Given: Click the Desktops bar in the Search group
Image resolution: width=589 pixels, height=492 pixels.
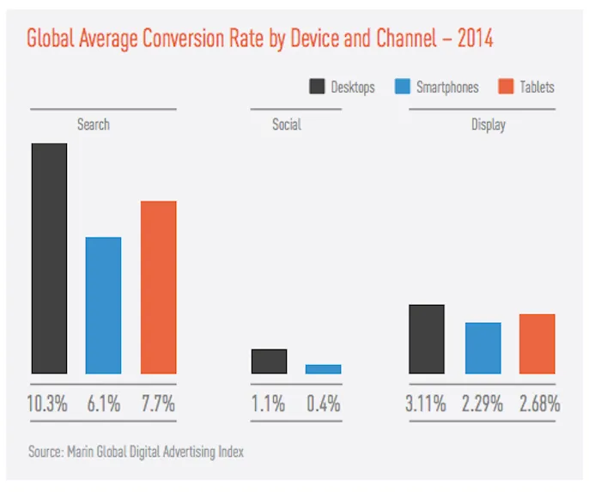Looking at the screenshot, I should click(x=49, y=258).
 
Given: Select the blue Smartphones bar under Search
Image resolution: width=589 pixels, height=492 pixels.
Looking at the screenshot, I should click(x=104, y=305).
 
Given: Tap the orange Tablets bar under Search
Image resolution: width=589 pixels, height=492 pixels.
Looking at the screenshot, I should click(x=158, y=287).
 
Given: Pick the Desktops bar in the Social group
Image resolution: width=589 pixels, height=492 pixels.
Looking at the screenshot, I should click(x=269, y=361).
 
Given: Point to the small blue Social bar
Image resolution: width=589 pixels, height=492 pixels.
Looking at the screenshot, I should click(x=323, y=369).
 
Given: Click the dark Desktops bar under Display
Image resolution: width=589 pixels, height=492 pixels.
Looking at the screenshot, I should click(x=427, y=339).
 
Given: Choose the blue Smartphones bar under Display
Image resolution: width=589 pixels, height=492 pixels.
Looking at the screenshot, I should click(x=483, y=348).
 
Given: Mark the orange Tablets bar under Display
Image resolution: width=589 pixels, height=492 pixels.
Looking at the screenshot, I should click(x=537, y=343).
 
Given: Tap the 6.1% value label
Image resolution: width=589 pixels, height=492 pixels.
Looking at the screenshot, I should click(x=104, y=403).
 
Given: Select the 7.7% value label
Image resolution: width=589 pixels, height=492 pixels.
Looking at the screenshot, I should click(x=158, y=403).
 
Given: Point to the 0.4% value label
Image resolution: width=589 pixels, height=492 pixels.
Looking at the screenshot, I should click(x=323, y=403).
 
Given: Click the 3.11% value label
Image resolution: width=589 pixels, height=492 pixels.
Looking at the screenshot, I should click(x=426, y=403).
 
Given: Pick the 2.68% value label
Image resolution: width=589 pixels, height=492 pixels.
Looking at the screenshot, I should click(x=539, y=403).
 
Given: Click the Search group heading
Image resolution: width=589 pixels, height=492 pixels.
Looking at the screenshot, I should click(x=94, y=125).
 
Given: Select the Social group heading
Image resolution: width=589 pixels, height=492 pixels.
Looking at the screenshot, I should click(x=287, y=125).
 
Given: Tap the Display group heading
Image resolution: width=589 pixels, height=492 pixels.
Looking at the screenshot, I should click(x=489, y=125).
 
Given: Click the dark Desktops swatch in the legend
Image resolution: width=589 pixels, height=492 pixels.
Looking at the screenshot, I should click(x=316, y=87).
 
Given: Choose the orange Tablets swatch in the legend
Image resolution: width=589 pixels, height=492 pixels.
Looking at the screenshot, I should click(x=505, y=87).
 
